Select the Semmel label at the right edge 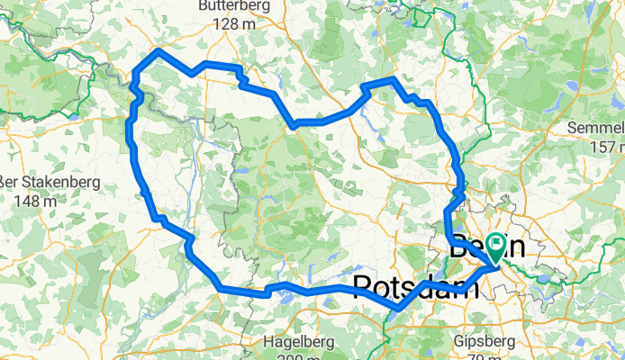point(596,129)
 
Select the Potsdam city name point(415,286)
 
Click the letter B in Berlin point(459,244)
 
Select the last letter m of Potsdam point(466,287)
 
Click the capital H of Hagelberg point(268,342)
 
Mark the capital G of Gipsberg point(461,342)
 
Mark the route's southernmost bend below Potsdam point(398,308)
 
